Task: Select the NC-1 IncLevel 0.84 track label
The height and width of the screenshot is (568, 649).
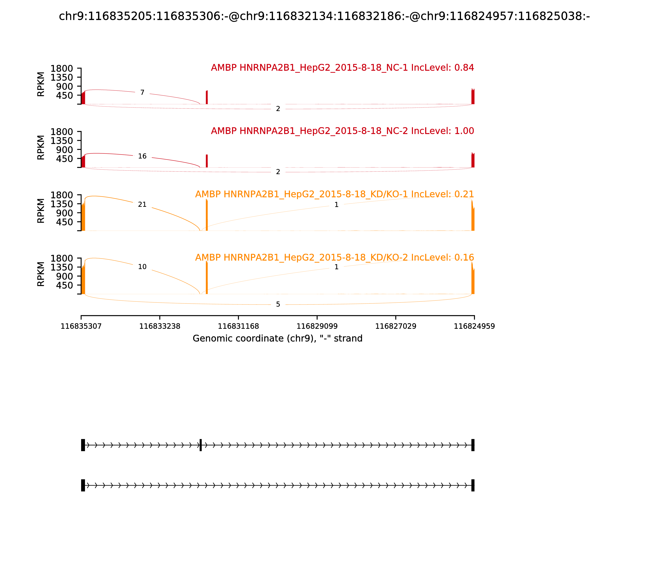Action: pyautogui.click(x=342, y=68)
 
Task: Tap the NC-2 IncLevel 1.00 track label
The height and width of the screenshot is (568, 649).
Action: pyautogui.click(x=342, y=131)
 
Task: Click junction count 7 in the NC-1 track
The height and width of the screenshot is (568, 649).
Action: pyautogui.click(x=142, y=93)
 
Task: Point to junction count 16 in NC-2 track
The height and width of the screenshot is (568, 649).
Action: pyautogui.click(x=142, y=156)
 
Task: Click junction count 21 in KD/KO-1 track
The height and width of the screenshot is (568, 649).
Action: pyautogui.click(x=142, y=204)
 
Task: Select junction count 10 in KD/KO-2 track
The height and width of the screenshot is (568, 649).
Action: pyautogui.click(x=142, y=267)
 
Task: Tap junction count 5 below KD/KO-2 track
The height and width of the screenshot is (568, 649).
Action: pyautogui.click(x=278, y=304)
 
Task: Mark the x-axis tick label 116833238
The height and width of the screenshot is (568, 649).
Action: pyautogui.click(x=160, y=326)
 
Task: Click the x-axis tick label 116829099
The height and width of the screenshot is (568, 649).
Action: pyautogui.click(x=317, y=326)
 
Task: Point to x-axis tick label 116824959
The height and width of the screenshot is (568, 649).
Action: pyautogui.click(x=474, y=326)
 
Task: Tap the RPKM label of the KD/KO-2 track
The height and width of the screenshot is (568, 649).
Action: pyautogui.click(x=41, y=274)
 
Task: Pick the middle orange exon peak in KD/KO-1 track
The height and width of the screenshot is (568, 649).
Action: pyautogui.click(x=207, y=215)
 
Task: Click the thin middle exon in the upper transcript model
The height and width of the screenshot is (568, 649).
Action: pyautogui.click(x=201, y=445)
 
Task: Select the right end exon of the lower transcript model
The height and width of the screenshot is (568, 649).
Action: pyautogui.click(x=473, y=485)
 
